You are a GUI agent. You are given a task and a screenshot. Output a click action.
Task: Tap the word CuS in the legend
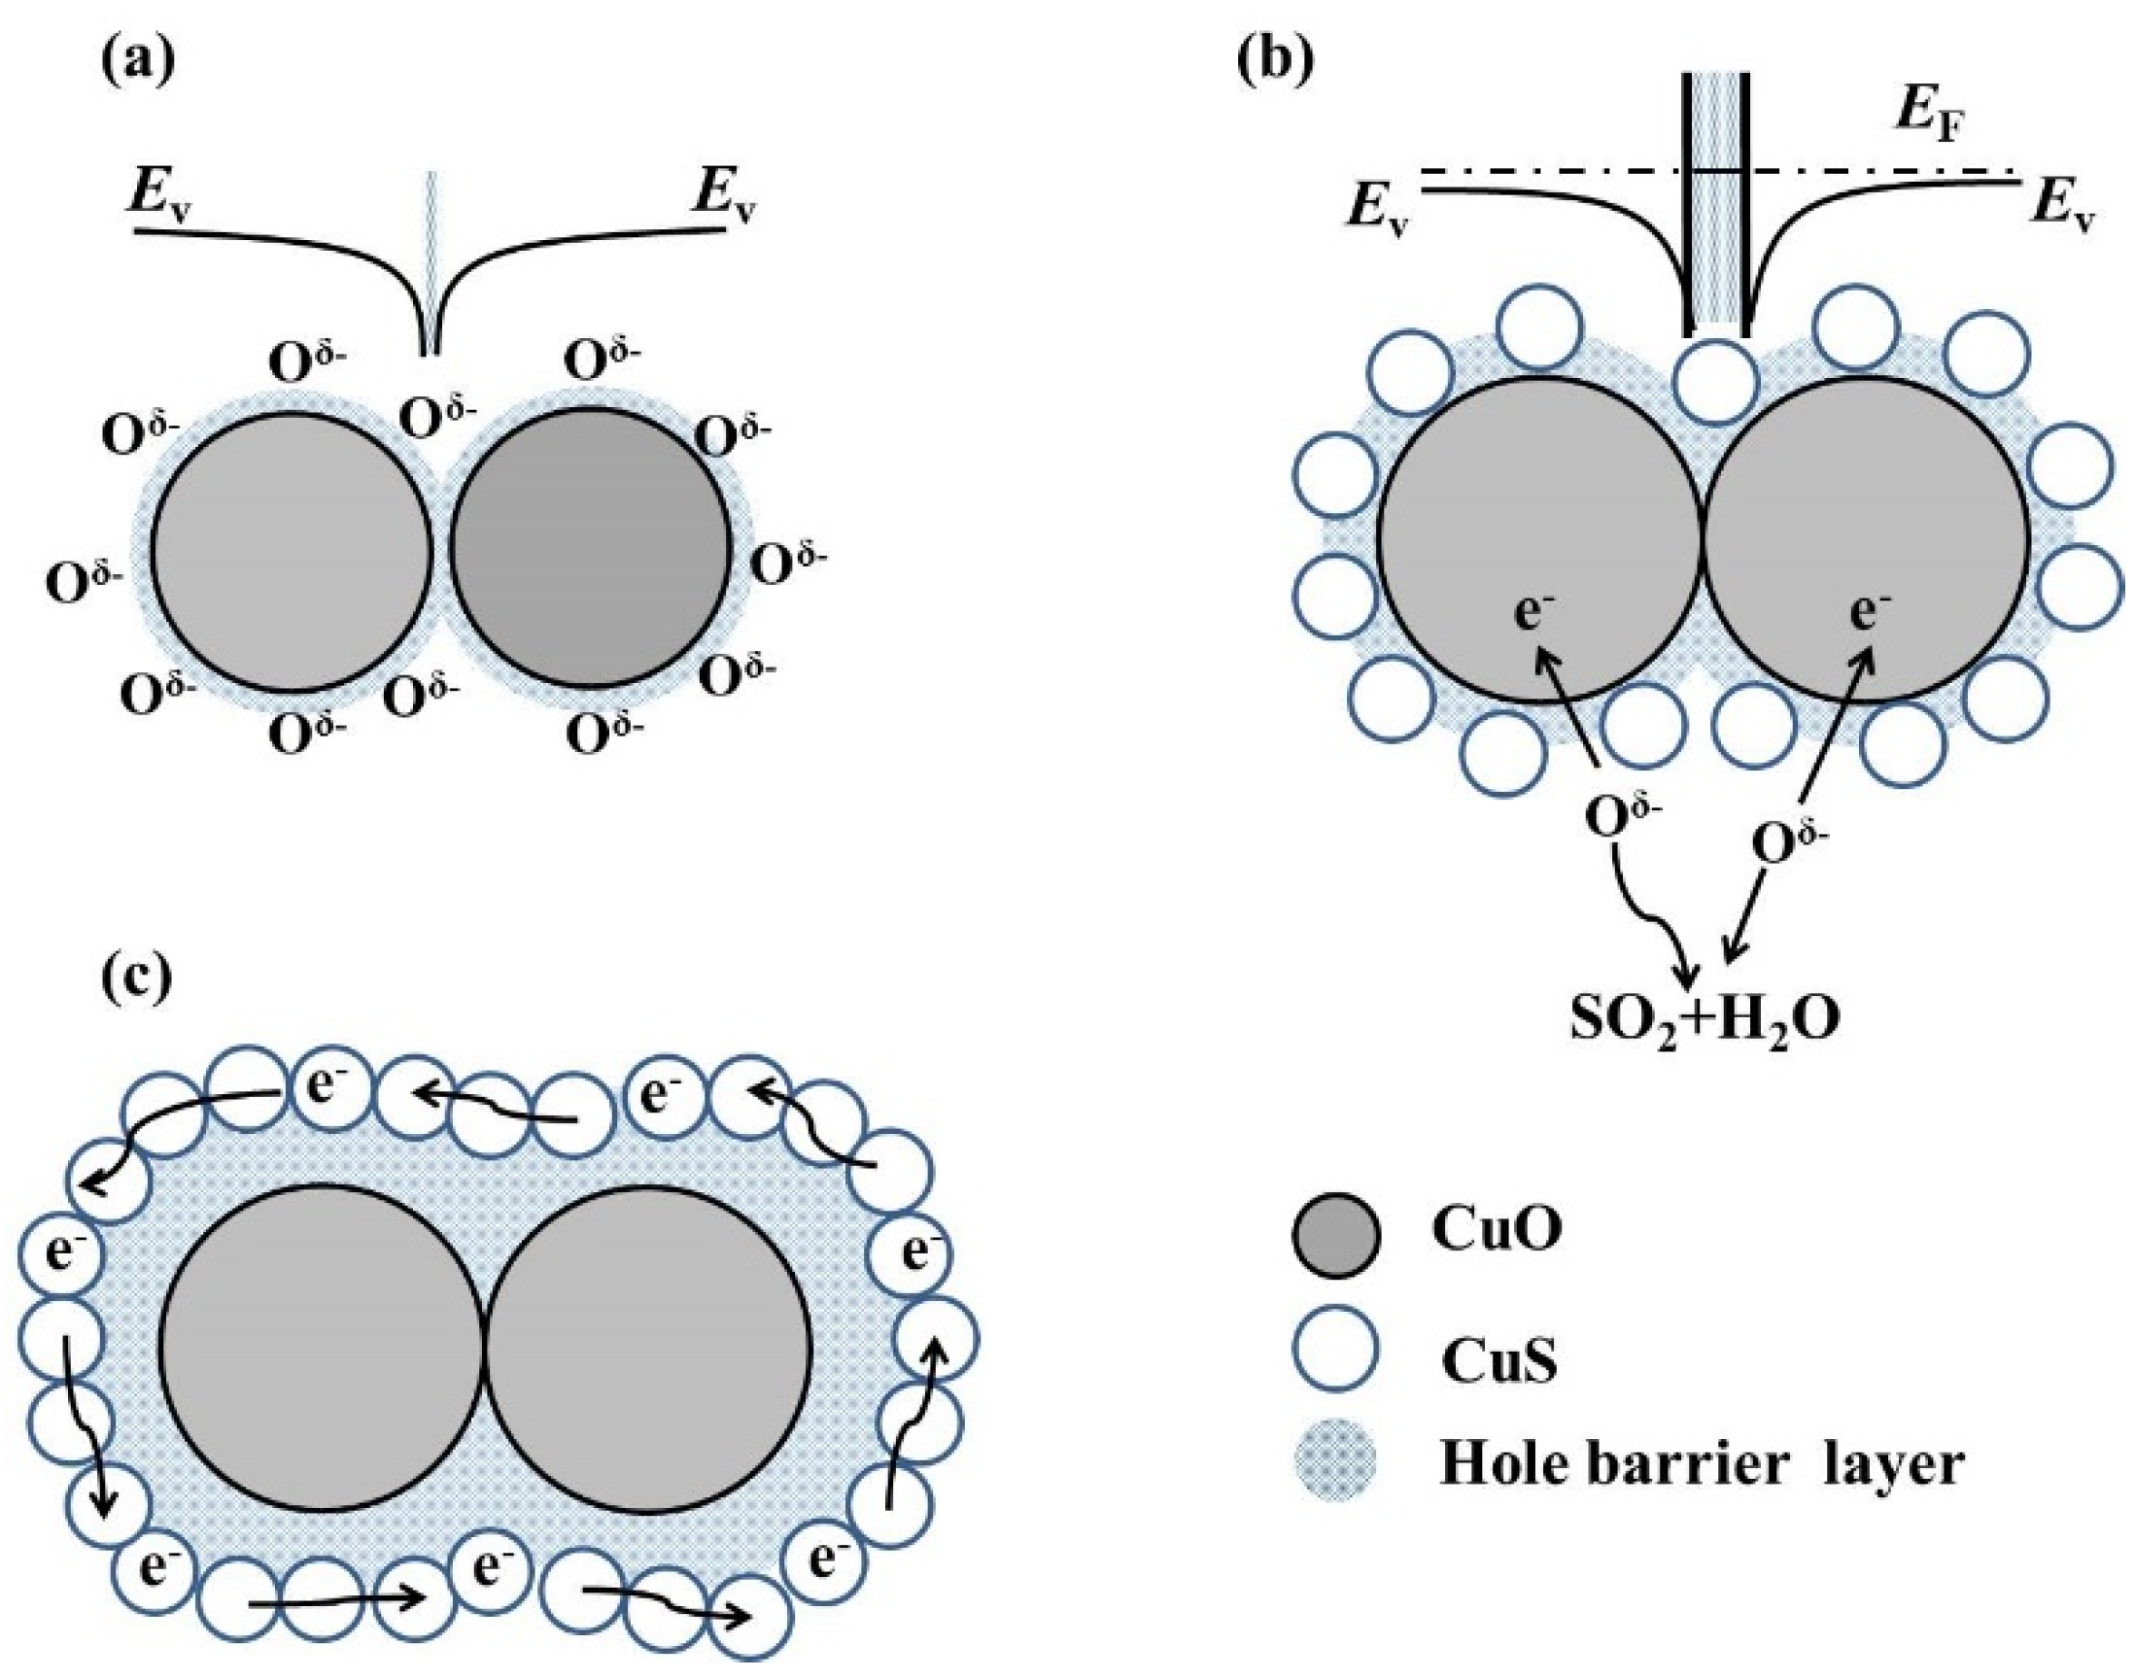(x=1499, y=1364)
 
